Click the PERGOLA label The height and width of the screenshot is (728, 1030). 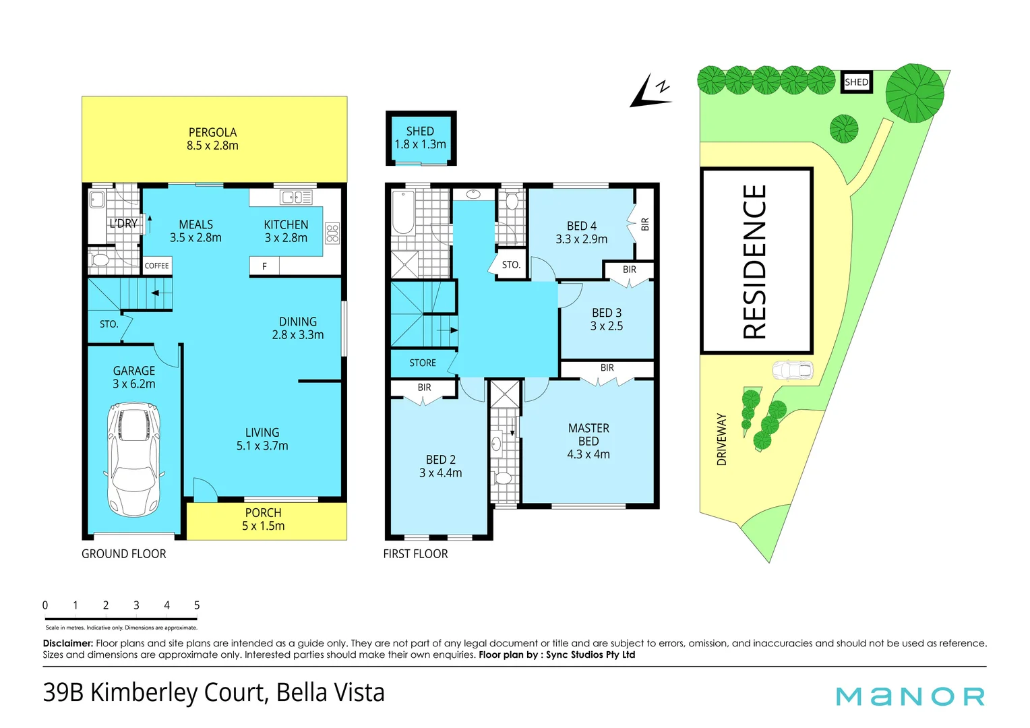212,133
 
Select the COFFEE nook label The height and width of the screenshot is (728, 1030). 156,266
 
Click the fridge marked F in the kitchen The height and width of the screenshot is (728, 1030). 264,266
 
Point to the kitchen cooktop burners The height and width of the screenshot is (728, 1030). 332,233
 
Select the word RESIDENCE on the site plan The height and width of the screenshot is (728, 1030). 755,262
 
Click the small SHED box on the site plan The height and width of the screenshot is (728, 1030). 856,82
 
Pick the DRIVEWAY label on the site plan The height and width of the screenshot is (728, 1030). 722,439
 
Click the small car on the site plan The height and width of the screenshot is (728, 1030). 793,371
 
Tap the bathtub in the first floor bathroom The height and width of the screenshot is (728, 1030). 403,213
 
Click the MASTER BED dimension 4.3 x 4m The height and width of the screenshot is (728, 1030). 588,454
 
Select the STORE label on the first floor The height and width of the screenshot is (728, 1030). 423,363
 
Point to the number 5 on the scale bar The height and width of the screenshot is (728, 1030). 197,605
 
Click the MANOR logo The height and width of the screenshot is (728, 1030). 910,696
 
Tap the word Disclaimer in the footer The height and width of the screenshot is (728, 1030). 68,643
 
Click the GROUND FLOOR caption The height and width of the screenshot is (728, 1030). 124,554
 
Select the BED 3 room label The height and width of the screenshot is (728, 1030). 607,313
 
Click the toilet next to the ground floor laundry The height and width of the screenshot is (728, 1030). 100,260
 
